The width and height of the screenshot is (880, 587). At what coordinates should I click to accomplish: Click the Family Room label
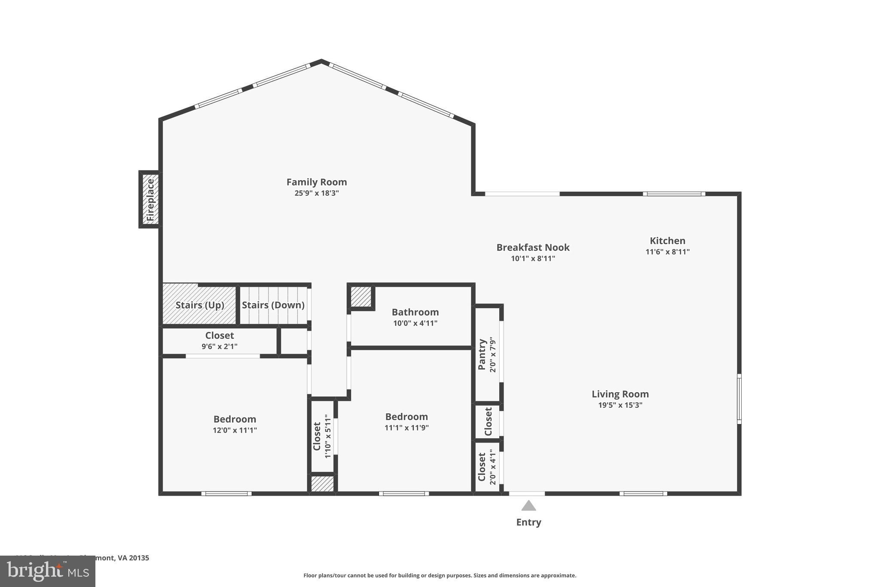point(316,182)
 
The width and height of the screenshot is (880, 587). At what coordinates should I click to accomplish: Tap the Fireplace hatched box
point(150,200)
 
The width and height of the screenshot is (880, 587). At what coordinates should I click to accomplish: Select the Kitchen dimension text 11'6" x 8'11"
point(667,252)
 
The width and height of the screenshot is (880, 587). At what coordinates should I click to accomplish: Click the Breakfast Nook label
point(533,248)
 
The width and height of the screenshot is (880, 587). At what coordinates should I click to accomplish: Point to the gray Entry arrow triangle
point(529,506)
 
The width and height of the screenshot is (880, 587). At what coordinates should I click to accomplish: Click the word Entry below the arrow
point(529,522)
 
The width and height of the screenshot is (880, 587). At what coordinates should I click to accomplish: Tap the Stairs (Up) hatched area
point(199,304)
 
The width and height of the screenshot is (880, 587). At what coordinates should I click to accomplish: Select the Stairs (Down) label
point(273,305)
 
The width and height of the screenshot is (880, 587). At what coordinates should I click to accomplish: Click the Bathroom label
point(415,312)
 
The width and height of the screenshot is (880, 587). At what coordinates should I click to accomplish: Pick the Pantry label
point(482,354)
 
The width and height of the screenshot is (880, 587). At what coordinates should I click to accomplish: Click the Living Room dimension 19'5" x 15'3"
point(620,405)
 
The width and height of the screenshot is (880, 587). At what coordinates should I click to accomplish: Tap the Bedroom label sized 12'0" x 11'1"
point(235,419)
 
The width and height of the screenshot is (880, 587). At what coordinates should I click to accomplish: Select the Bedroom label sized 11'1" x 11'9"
point(406,417)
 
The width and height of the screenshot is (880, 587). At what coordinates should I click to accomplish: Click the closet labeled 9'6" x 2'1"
point(219,340)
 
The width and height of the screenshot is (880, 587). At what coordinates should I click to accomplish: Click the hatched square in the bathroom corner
point(361,297)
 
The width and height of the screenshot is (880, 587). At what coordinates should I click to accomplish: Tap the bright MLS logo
point(48,571)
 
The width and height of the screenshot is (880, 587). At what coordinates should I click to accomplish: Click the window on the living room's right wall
point(739,399)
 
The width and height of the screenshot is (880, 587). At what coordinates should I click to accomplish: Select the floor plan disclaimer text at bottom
point(440,575)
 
